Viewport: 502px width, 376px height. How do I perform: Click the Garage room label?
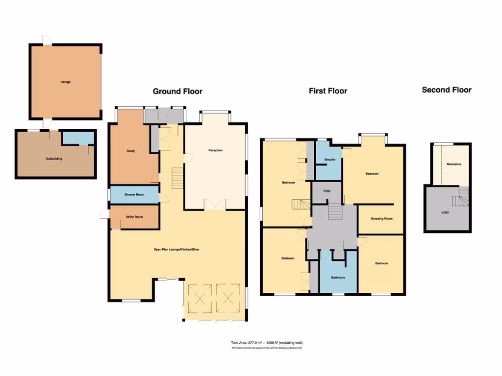click(65, 82)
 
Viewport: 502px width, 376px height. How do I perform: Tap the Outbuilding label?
click(54, 159)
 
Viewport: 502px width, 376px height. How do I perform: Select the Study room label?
click(130, 151)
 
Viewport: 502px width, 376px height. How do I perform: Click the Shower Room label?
click(134, 195)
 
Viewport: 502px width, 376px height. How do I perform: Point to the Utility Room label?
click(134, 216)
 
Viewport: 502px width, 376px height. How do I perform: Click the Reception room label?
click(215, 150)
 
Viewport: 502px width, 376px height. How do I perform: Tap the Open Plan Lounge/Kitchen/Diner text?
click(176, 249)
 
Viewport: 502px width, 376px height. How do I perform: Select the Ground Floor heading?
click(177, 91)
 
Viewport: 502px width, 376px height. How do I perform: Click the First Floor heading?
click(328, 91)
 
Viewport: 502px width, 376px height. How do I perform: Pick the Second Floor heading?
click(447, 90)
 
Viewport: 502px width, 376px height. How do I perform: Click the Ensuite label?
click(330, 160)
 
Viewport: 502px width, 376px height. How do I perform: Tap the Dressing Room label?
click(382, 218)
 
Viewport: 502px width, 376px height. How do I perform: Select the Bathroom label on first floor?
click(338, 278)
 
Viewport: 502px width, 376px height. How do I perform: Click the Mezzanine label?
click(453, 164)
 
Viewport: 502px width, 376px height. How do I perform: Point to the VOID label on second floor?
click(445, 212)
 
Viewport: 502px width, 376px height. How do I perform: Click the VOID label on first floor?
click(327, 191)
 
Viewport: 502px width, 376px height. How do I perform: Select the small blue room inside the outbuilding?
click(78, 139)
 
